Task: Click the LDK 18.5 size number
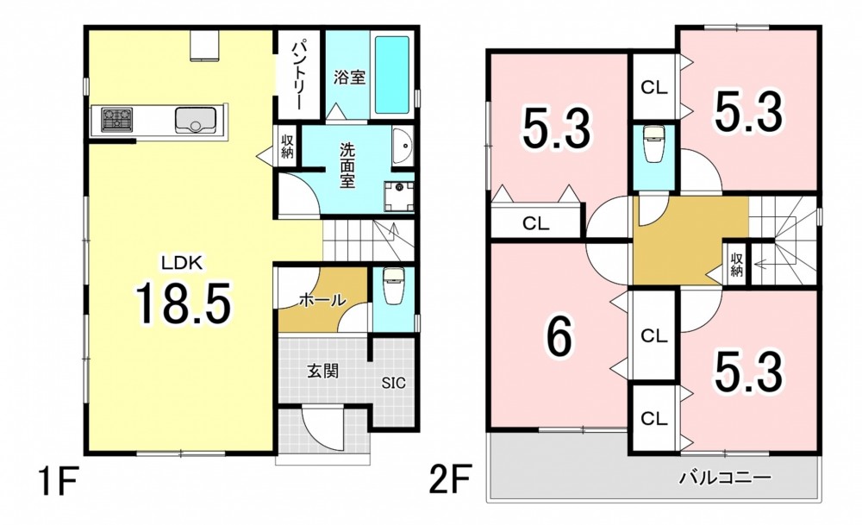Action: (x=183, y=302)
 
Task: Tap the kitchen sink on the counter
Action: (x=195, y=119)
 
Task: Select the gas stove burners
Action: (x=117, y=119)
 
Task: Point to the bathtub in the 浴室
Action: (x=392, y=74)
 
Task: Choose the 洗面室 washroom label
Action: (x=347, y=165)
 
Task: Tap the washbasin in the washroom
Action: (x=403, y=147)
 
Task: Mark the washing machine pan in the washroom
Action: (x=399, y=197)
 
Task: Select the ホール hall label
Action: (x=322, y=300)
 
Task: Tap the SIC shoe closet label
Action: (x=394, y=383)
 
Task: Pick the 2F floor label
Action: (x=450, y=481)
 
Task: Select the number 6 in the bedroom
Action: (x=559, y=336)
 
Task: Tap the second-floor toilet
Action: (x=654, y=144)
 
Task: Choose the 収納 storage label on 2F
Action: (x=737, y=264)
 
